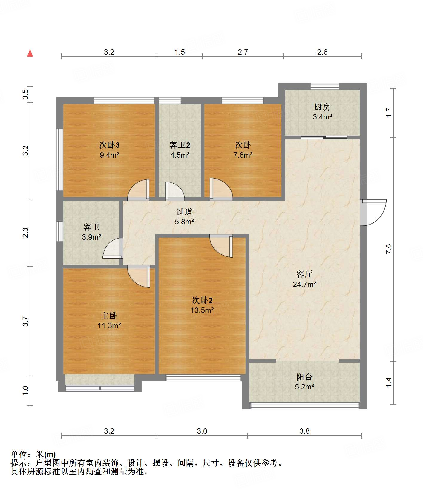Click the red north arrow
(x=30, y=53)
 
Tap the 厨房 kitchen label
(x=322, y=107)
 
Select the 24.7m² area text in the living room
(x=304, y=284)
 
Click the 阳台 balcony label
(x=304, y=377)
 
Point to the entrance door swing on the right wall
(x=373, y=212)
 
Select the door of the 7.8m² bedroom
(x=221, y=189)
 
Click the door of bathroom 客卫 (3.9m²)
(x=113, y=248)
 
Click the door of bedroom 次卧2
(x=221, y=246)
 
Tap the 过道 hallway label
(x=184, y=212)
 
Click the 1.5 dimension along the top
(x=180, y=52)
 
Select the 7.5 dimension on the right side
(x=388, y=249)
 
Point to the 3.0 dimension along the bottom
(x=202, y=431)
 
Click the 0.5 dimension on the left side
(x=26, y=94)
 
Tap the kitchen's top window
(x=325, y=86)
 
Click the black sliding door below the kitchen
(x=324, y=137)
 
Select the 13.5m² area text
(x=202, y=310)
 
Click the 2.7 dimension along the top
(x=243, y=52)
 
